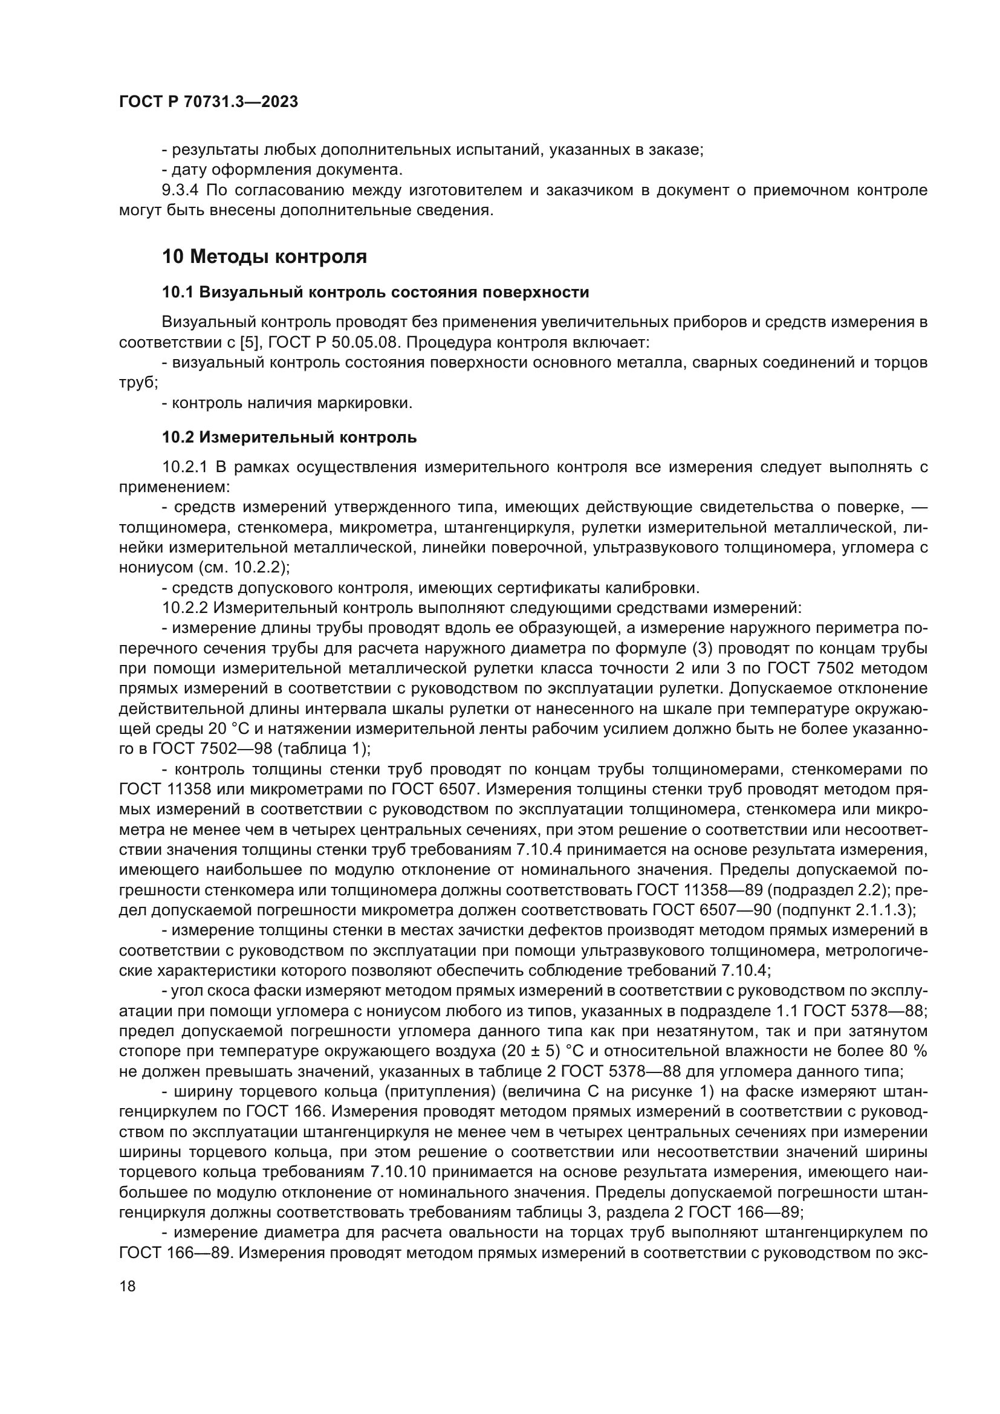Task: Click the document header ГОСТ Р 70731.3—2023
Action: pyautogui.click(x=208, y=102)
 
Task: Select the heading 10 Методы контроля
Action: pyautogui.click(x=264, y=256)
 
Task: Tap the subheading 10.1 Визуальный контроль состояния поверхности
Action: pyautogui.click(x=375, y=293)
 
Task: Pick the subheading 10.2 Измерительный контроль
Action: pyautogui.click(x=290, y=437)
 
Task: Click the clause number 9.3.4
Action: pyautogui.click(x=181, y=190)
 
